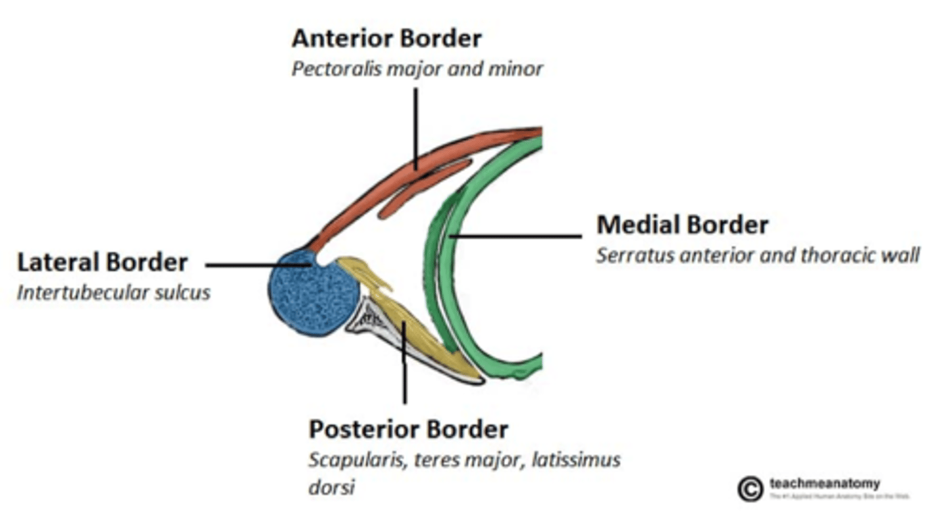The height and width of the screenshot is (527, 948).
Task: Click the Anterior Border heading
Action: [386, 39]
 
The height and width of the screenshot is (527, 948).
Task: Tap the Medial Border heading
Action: [682, 225]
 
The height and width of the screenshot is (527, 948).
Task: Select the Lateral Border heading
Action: [102, 263]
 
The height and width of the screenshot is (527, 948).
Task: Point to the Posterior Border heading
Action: [408, 430]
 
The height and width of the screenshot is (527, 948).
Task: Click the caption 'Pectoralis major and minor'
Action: [417, 69]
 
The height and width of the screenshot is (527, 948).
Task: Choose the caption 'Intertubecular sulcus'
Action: [113, 292]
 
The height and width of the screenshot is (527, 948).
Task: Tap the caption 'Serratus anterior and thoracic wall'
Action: [757, 255]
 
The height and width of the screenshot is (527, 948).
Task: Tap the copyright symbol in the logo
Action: [750, 489]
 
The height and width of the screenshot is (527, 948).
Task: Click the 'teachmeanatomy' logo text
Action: [824, 484]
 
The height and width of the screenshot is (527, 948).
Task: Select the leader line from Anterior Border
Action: [415, 125]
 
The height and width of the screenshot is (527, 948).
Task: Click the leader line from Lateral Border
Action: [257, 265]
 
